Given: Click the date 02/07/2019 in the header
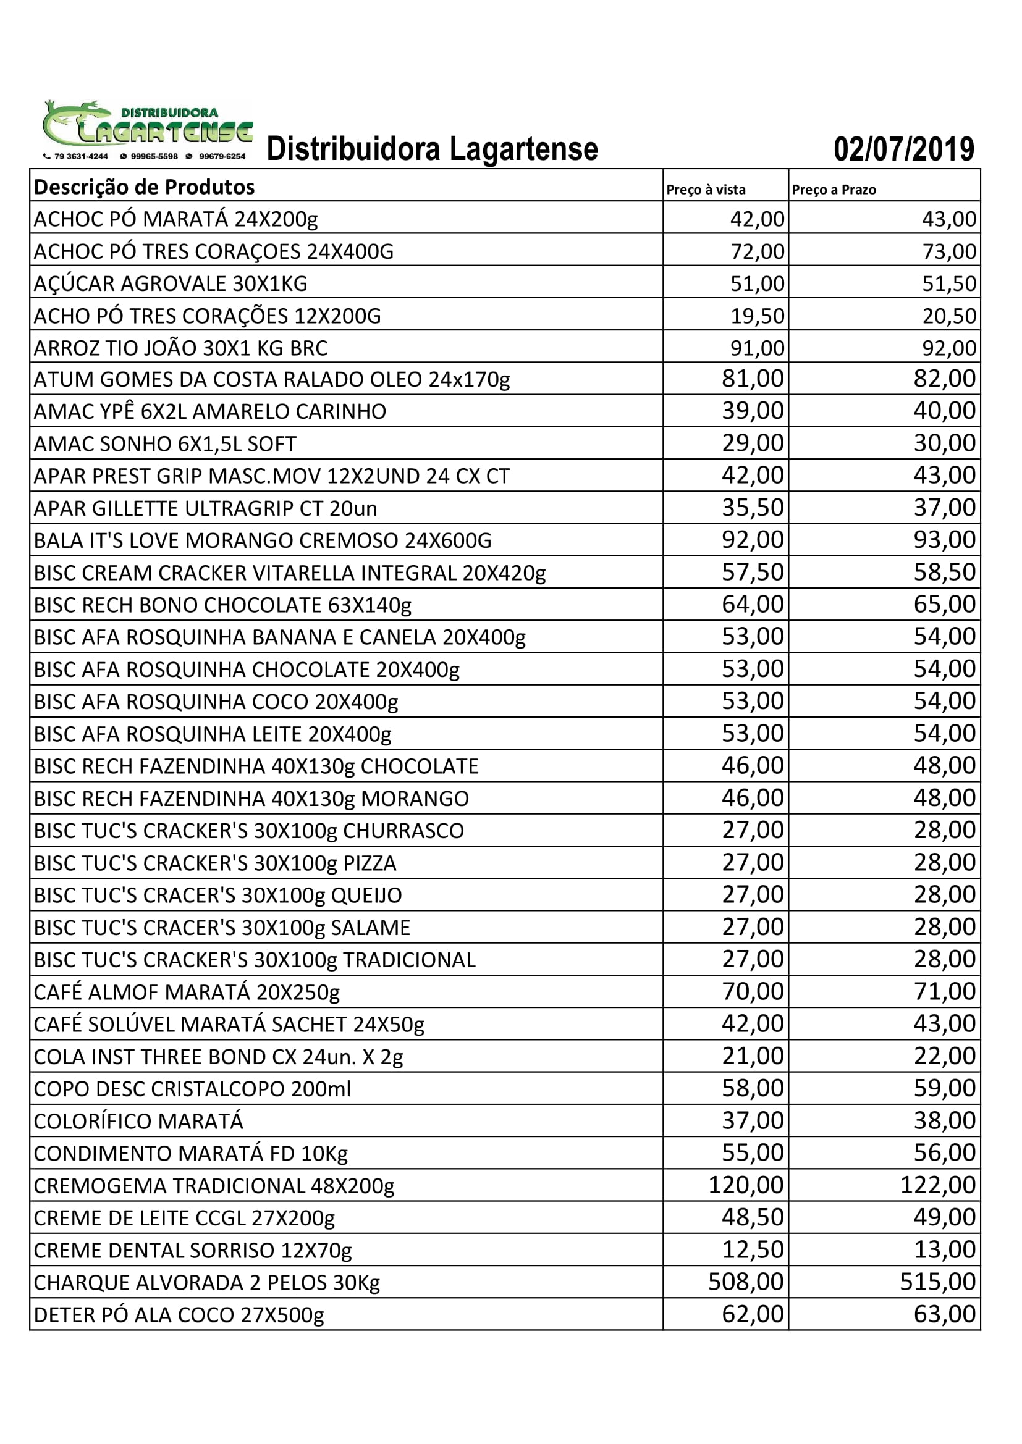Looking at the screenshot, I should pyautogui.click(x=904, y=149).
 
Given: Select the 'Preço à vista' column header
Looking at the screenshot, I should pyautogui.click(x=706, y=190).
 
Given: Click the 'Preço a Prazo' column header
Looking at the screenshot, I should pyautogui.click(x=834, y=190).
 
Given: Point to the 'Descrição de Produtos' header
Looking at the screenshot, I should pyautogui.click(x=144, y=187).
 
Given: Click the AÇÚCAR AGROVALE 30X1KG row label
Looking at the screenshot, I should pyautogui.click(x=171, y=283).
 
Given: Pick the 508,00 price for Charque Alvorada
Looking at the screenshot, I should pyautogui.click(x=746, y=1281).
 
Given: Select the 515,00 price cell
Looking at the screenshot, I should pyautogui.click(x=937, y=1281).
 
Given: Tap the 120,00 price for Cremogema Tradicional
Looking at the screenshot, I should pyautogui.click(x=746, y=1184).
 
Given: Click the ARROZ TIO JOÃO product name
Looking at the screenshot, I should pyautogui.click(x=180, y=348).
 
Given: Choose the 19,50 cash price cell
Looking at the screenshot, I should pyautogui.click(x=757, y=316).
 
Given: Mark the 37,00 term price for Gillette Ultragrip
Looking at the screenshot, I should pyautogui.click(x=945, y=507).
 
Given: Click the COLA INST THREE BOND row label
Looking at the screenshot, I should pyautogui.click(x=217, y=1057).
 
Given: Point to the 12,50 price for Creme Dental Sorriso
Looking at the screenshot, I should pyautogui.click(x=753, y=1249).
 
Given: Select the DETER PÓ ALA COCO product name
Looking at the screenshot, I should pyautogui.click(x=179, y=1314).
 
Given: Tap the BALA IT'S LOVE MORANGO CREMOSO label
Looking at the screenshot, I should pyautogui.click(x=263, y=540).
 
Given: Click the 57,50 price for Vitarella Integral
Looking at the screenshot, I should pyautogui.click(x=753, y=572).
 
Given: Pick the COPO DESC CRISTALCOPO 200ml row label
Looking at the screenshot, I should pyautogui.click(x=192, y=1089).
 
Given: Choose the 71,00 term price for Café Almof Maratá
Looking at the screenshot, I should pyautogui.click(x=945, y=991).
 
